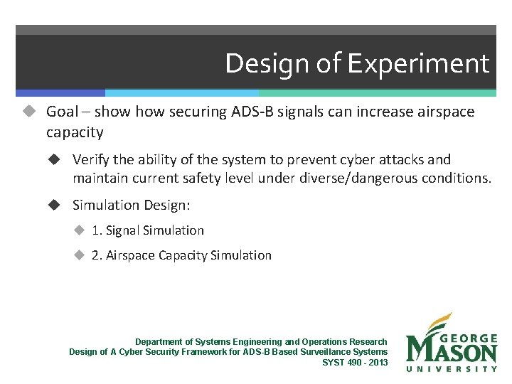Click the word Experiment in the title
point(418,64)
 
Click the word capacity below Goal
point(75,132)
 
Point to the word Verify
point(91,160)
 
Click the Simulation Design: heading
point(132,205)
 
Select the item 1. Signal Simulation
point(147,230)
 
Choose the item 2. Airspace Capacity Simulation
point(181,255)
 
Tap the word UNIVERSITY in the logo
point(451,368)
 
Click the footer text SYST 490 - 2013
point(355,362)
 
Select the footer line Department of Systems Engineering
point(261,342)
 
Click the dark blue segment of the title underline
point(60,93)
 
